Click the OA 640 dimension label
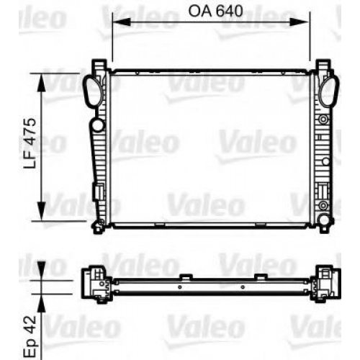coord(215,11)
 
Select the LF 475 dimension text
coord(30,143)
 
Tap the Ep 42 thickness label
coord(30,336)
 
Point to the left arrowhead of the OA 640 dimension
coord(122,22)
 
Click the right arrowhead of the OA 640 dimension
coord(299,22)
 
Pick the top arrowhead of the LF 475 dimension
coord(42,82)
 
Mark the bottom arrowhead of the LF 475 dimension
coord(42,211)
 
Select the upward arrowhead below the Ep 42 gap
coord(42,303)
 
